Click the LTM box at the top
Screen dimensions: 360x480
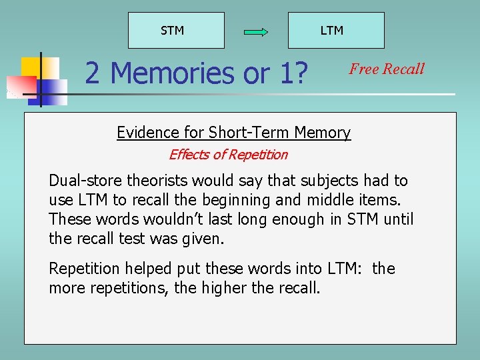pyautogui.click(x=335, y=30)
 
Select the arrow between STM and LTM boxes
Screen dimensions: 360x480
pyautogui.click(x=255, y=31)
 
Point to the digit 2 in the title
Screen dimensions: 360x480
pyautogui.click(x=93, y=73)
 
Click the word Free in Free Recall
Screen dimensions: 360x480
pyautogui.click(x=364, y=69)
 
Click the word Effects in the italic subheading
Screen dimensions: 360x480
pyautogui.click(x=187, y=155)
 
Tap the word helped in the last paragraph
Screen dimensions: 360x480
pyautogui.click(x=148, y=269)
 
